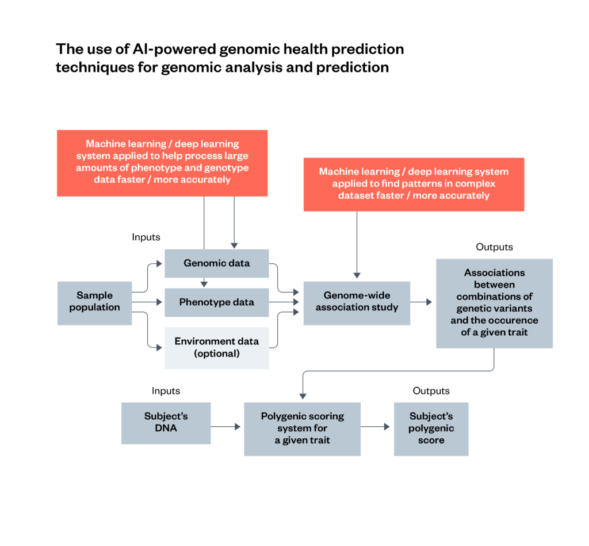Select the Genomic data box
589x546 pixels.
216,263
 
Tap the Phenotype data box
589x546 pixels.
216,302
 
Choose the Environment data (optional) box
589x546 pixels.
216,347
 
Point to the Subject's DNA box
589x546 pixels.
166,423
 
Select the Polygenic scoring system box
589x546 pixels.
302,429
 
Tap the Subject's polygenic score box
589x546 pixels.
431,429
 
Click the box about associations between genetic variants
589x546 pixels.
494,303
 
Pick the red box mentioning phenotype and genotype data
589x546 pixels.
162,162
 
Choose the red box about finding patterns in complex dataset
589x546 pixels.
414,184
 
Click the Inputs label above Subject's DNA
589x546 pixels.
166,391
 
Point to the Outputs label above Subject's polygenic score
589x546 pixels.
431,391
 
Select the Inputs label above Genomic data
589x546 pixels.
146,237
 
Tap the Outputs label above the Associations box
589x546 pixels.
494,247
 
